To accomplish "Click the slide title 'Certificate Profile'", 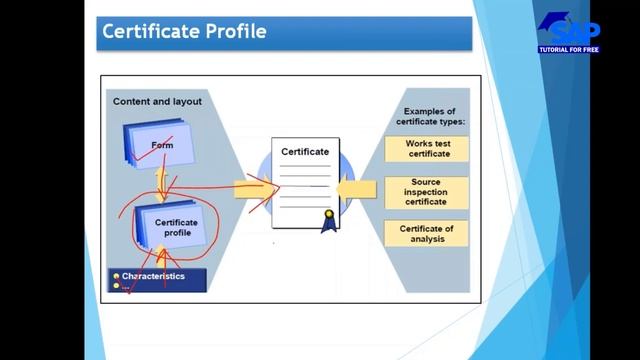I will pyautogui.click(x=184, y=31).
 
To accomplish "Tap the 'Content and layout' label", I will pyautogui.click(x=157, y=101).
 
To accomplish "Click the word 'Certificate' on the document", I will pyautogui.click(x=305, y=151).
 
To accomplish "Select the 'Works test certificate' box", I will pyautogui.click(x=427, y=149).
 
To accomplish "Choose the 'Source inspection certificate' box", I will pyautogui.click(x=427, y=192).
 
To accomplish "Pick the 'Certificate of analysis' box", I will pyautogui.click(x=427, y=233).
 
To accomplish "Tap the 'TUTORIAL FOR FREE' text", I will pyautogui.click(x=569, y=49).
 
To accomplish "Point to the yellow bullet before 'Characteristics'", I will pyautogui.click(x=116, y=276).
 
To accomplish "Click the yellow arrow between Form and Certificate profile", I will pyautogui.click(x=165, y=184).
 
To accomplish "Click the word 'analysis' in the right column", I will pyautogui.click(x=427, y=239).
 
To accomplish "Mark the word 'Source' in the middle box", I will pyautogui.click(x=427, y=183).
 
